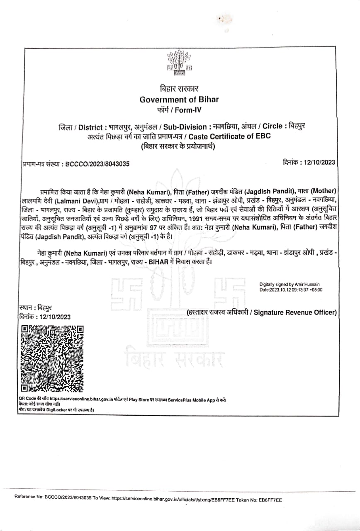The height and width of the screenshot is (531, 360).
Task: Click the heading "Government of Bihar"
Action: [179, 100]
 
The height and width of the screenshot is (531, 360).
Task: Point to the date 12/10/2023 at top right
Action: [320, 163]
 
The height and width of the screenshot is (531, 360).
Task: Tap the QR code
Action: [52, 359]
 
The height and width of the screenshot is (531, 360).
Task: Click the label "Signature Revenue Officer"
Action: [295, 313]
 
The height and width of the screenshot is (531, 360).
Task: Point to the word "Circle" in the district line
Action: [272, 126]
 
